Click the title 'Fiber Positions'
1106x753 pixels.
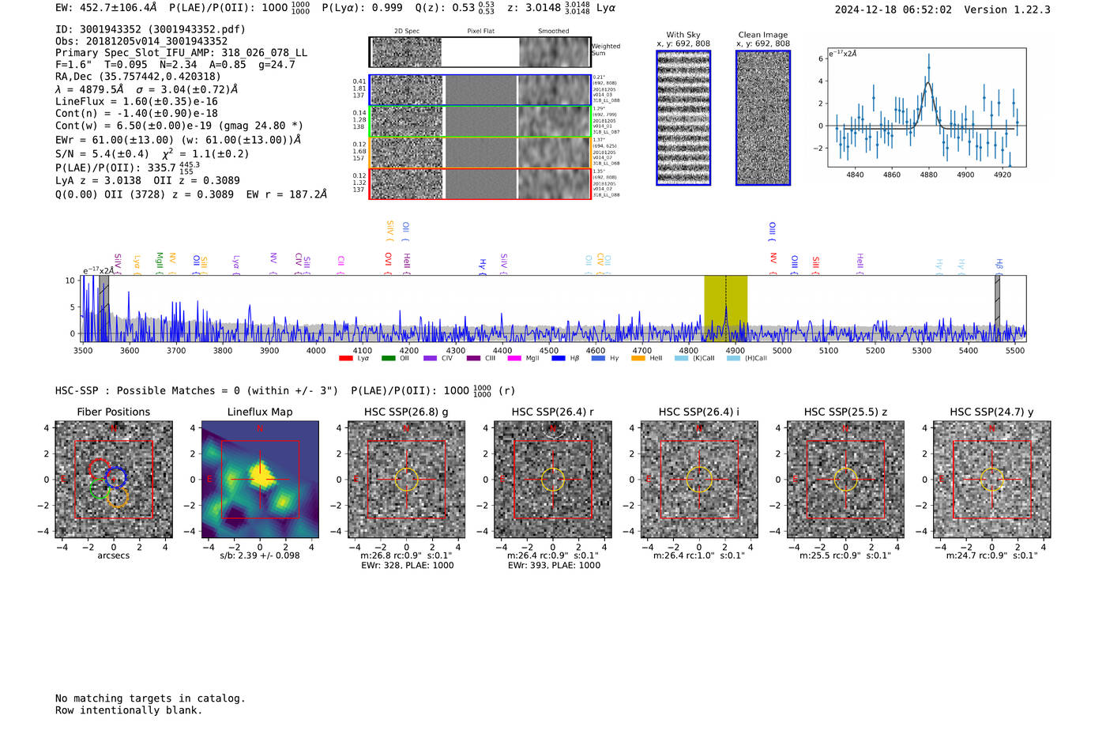click(x=113, y=412)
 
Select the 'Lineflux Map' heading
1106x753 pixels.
click(x=259, y=412)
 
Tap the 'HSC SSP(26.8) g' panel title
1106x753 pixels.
click(x=405, y=412)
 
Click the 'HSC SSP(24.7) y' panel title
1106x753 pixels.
click(x=991, y=412)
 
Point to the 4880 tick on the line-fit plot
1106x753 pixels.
click(x=928, y=175)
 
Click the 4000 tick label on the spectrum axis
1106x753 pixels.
click(x=316, y=351)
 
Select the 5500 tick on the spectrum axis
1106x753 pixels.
click(x=1014, y=351)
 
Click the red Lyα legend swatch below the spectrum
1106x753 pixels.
click(x=345, y=359)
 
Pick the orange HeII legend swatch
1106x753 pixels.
click(x=638, y=359)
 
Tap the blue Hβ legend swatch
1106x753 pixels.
click(x=559, y=359)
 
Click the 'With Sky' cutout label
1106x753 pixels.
click(x=683, y=35)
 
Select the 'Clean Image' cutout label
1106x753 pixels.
click(x=762, y=35)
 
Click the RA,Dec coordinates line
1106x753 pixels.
click(x=138, y=77)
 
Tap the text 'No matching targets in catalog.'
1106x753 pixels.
click(x=150, y=698)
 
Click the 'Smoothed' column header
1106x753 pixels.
click(x=553, y=32)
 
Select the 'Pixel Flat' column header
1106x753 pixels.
click(x=480, y=32)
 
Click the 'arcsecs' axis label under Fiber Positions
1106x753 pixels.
click(x=113, y=555)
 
